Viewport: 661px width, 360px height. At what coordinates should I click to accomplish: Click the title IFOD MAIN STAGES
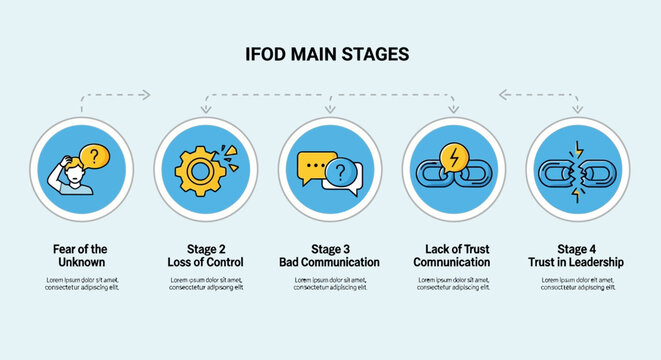point(327,54)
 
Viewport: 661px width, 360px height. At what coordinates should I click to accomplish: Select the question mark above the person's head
point(94,156)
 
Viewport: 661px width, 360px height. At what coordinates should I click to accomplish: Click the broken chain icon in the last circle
point(577,169)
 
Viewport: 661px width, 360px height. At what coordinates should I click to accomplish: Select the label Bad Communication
point(329,262)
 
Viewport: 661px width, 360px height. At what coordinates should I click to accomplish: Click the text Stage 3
point(329,248)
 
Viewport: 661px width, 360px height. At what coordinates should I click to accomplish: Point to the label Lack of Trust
point(452,248)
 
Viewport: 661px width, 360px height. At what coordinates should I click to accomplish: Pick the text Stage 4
point(577,248)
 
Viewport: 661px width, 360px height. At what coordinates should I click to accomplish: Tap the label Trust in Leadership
point(577,262)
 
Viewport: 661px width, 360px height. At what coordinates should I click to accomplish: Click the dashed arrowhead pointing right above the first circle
point(145,95)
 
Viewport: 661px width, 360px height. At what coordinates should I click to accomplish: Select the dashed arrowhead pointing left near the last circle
point(504,95)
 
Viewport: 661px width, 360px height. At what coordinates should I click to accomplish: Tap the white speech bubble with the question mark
point(341,175)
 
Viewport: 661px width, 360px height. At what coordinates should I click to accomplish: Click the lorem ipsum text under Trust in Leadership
point(577,283)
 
